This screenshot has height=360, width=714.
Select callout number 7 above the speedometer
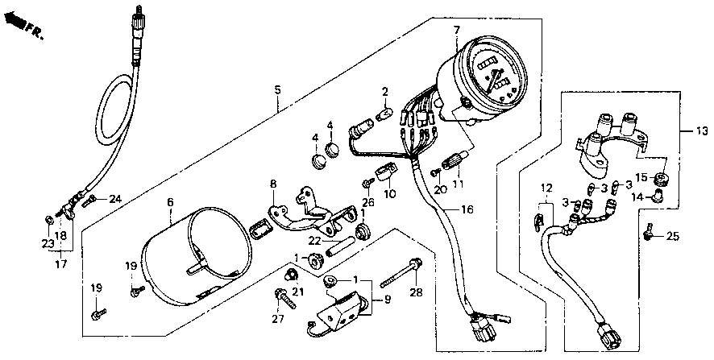(x=455, y=31)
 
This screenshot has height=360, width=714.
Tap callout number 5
(x=277, y=89)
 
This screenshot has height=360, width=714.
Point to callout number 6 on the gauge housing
(x=170, y=202)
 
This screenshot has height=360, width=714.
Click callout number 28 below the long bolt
(x=416, y=292)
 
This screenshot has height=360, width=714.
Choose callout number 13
(x=702, y=131)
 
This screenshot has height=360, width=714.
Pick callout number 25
(x=673, y=236)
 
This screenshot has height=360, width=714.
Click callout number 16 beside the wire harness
(x=467, y=210)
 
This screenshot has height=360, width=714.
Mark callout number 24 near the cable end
(x=116, y=198)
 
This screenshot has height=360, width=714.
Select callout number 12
(x=546, y=187)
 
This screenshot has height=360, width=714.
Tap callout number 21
(x=297, y=292)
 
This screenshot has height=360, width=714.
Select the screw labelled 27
(x=285, y=299)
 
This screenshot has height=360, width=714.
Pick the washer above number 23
(x=48, y=220)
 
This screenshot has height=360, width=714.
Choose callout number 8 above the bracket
(x=273, y=184)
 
